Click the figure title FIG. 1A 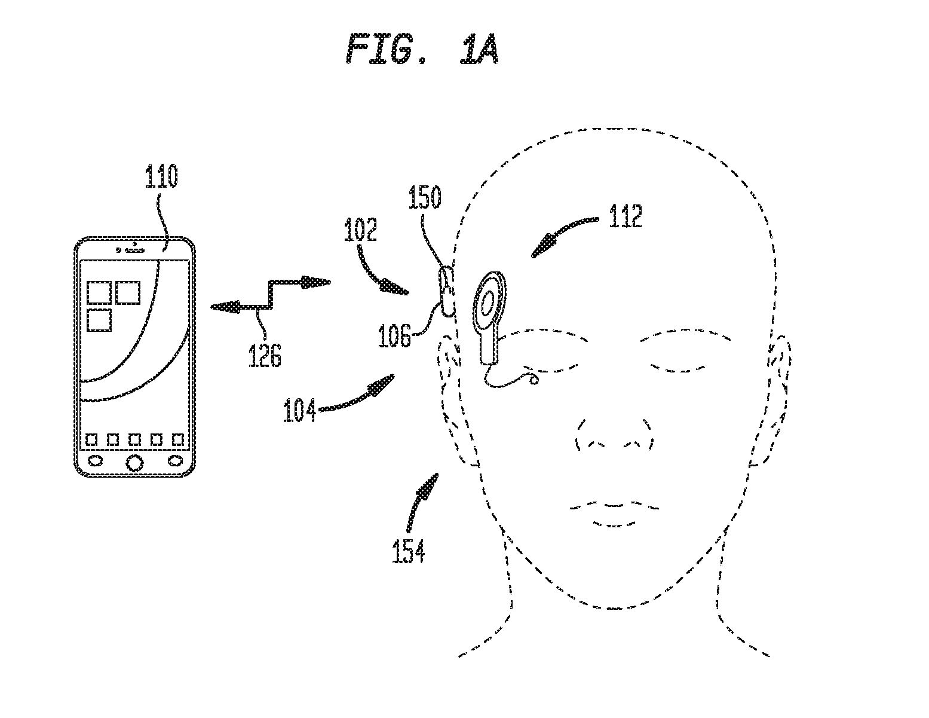click(x=422, y=49)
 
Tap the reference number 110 click(x=161, y=176)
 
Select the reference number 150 click(x=425, y=197)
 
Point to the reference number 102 click(x=360, y=230)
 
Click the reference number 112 click(x=626, y=216)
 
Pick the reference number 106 click(x=394, y=335)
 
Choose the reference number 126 click(x=265, y=355)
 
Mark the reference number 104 click(x=299, y=410)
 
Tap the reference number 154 click(x=409, y=551)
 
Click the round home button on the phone click(x=134, y=462)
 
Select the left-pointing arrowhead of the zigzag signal click(x=226, y=307)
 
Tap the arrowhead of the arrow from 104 click(x=382, y=384)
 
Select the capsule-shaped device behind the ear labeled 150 click(x=446, y=291)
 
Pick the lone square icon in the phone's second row click(x=99, y=320)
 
